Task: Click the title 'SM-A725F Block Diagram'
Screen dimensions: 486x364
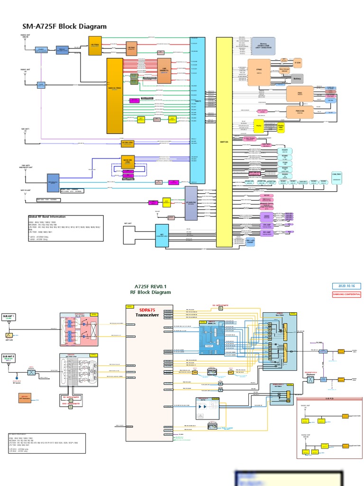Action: click(x=64, y=27)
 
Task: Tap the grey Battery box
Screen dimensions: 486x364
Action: click(x=297, y=79)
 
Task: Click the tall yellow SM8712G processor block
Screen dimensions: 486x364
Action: click(x=224, y=142)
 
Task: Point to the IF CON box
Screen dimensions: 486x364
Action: click(x=298, y=63)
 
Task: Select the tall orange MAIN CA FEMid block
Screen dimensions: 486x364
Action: click(x=115, y=96)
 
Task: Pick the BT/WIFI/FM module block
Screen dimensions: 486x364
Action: click(x=191, y=203)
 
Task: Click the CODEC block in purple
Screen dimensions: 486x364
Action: click(x=267, y=216)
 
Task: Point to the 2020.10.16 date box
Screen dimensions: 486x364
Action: click(x=346, y=286)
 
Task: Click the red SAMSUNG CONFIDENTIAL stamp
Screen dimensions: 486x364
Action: click(x=346, y=294)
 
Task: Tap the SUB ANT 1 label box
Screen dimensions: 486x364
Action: click(x=9, y=317)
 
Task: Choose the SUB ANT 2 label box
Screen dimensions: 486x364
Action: click(x=9, y=356)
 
